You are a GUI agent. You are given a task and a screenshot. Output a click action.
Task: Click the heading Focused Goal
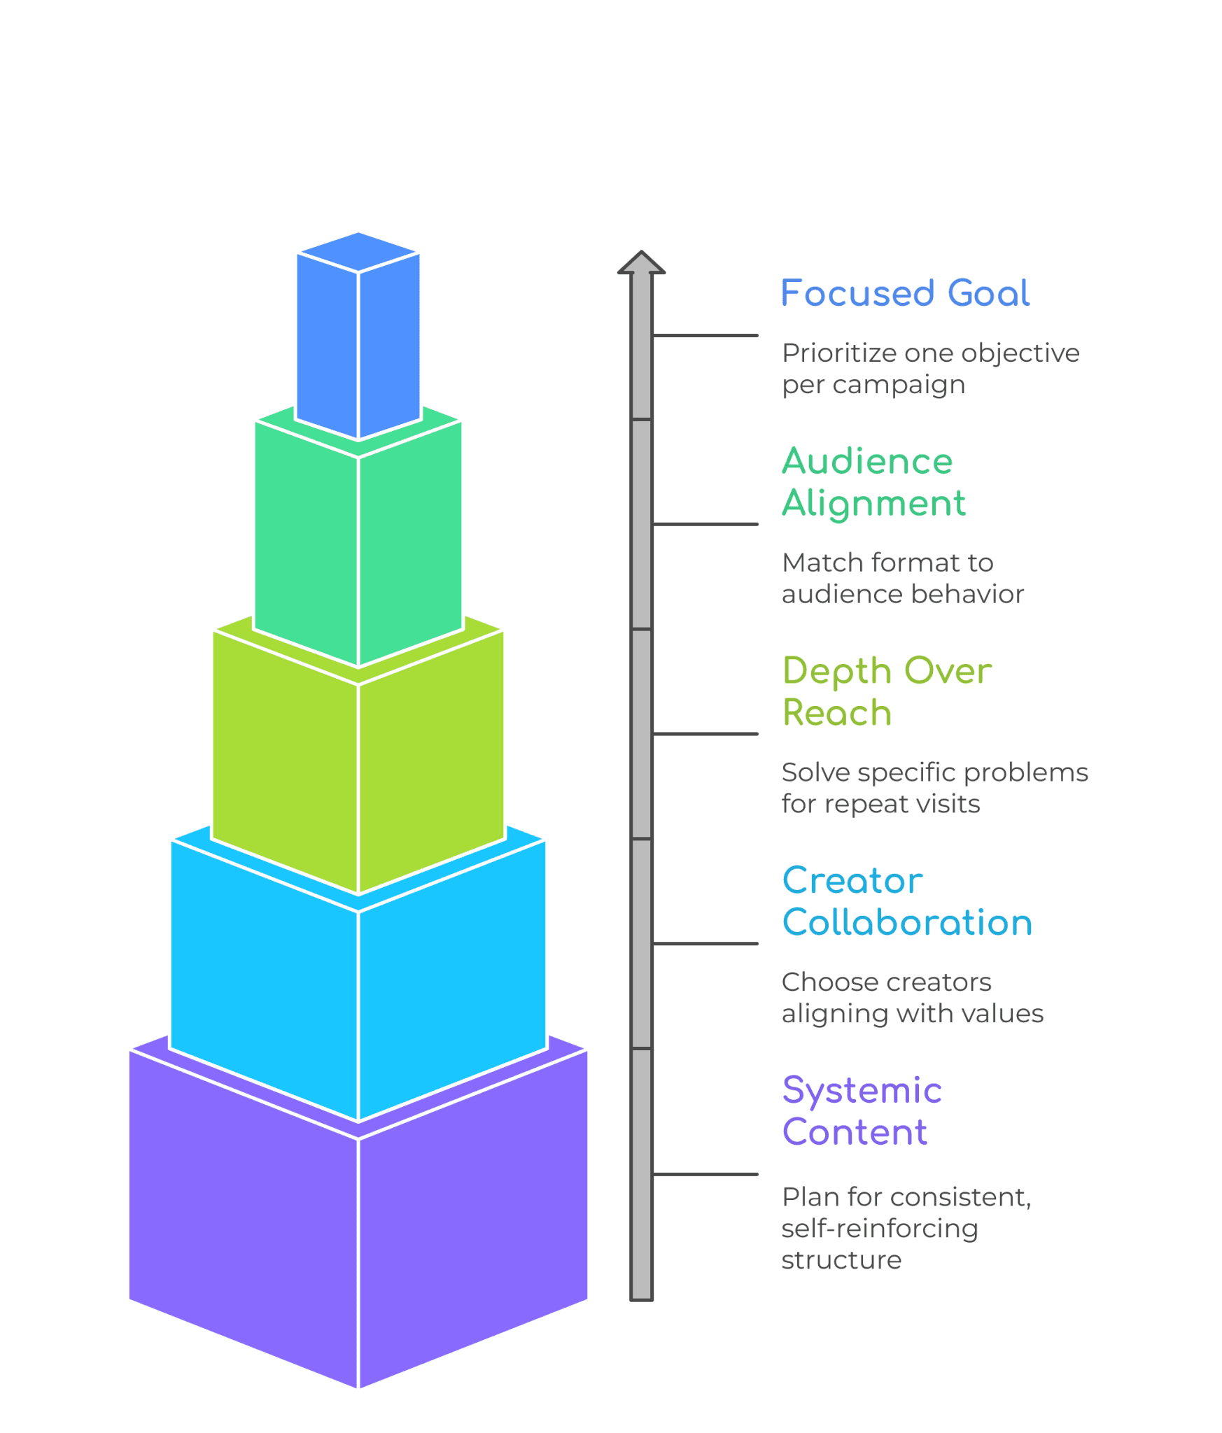point(904,293)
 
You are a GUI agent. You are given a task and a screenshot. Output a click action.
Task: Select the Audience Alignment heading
point(873,482)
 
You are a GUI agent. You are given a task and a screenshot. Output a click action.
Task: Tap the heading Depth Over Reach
point(886,691)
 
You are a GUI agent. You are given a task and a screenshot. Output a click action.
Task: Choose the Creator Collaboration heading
point(906,901)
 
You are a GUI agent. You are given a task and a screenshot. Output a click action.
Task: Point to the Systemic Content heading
point(862,1110)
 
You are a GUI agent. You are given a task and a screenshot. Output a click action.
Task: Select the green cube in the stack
point(358,546)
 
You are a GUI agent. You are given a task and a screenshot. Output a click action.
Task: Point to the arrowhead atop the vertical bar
point(641,262)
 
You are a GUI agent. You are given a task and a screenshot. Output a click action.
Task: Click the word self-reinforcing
point(880,1228)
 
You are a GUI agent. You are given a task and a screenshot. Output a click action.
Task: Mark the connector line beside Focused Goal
point(705,335)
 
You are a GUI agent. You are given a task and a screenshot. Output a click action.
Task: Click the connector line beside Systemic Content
point(705,1174)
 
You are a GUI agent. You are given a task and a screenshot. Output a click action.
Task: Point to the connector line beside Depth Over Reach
point(705,734)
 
